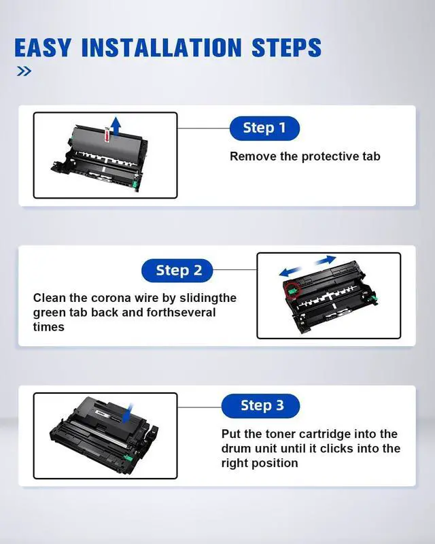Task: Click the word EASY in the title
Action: [43, 47]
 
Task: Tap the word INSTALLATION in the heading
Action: [161, 47]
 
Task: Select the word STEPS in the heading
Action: [287, 47]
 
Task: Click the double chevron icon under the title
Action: [24, 71]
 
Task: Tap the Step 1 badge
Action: [264, 128]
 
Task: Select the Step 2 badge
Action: [177, 270]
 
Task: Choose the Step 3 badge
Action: [260, 405]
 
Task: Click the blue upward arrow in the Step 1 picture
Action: [116, 126]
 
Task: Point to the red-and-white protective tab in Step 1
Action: [107, 135]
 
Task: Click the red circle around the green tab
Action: [292, 290]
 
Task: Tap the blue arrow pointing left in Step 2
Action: [292, 271]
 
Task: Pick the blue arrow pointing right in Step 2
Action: [324, 260]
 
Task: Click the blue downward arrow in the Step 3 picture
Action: [127, 413]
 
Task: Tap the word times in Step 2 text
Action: [48, 327]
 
